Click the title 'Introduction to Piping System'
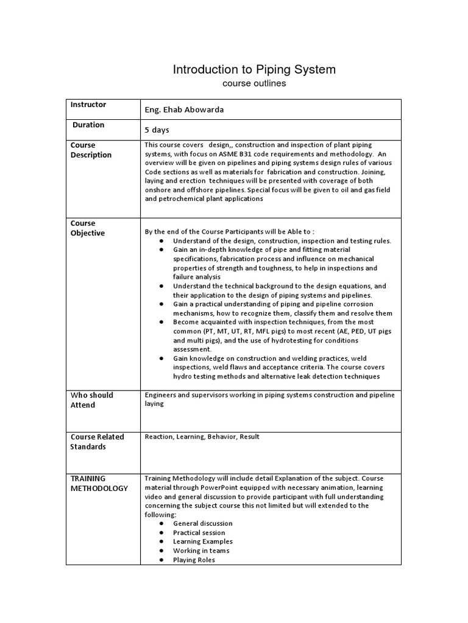[x=254, y=69]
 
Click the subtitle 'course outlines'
[x=254, y=83]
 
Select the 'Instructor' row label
[x=88, y=105]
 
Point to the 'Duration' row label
[x=89, y=125]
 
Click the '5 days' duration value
[x=157, y=130]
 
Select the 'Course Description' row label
[x=91, y=150]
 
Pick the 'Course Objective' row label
[x=88, y=228]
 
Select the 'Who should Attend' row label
[x=92, y=400]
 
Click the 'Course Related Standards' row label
[x=97, y=442]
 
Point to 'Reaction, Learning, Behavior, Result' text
[x=202, y=437]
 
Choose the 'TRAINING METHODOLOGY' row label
[x=99, y=483]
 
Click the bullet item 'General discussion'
[x=202, y=523]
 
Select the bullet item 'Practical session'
[x=199, y=532]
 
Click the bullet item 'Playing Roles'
[x=194, y=560]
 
